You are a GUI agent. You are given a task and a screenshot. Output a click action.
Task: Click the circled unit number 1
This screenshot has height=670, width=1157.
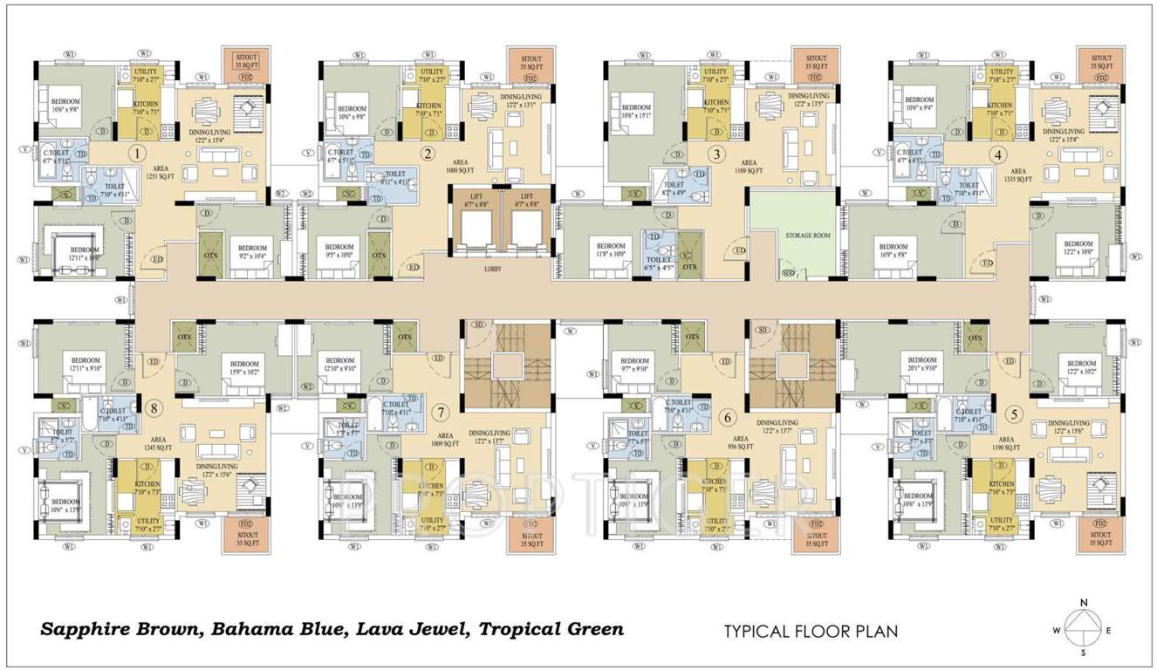point(136,154)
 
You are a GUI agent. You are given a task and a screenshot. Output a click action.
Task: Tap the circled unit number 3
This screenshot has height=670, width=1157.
point(716,155)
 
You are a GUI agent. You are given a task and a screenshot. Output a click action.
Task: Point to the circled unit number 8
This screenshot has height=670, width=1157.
point(155,407)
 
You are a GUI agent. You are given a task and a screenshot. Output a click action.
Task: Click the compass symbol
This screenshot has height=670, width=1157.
point(1084,626)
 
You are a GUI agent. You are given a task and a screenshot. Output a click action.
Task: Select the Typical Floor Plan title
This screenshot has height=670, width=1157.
point(811,630)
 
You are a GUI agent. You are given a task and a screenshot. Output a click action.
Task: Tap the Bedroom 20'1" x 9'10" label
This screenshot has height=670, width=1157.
point(921,364)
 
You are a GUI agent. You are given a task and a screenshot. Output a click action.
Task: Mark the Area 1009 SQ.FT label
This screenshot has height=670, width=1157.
point(442,439)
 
